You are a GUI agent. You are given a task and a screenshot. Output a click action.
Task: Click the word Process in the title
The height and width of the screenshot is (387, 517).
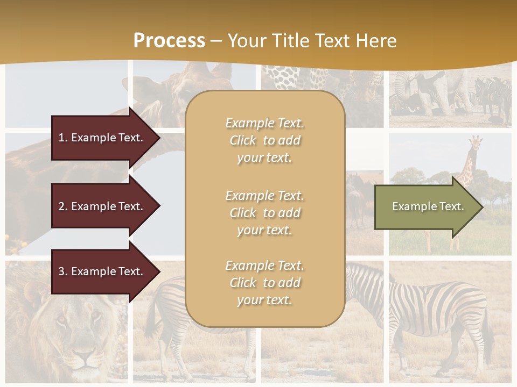[169, 40]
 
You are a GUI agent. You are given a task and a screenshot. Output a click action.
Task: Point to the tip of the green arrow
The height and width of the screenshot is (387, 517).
[482, 207]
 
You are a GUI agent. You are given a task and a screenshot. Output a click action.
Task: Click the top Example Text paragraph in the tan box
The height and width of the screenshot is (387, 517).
[264, 140]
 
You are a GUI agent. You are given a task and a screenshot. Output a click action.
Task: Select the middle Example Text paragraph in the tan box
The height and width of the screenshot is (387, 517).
[264, 212]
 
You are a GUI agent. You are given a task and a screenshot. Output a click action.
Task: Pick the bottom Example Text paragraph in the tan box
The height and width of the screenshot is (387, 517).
[264, 283]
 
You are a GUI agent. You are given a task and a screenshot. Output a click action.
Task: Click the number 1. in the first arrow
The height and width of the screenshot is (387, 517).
[63, 138]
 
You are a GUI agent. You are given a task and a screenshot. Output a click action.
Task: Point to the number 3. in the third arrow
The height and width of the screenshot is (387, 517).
[63, 271]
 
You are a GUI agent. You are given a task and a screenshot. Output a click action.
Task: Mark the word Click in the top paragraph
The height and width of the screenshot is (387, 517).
[243, 140]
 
